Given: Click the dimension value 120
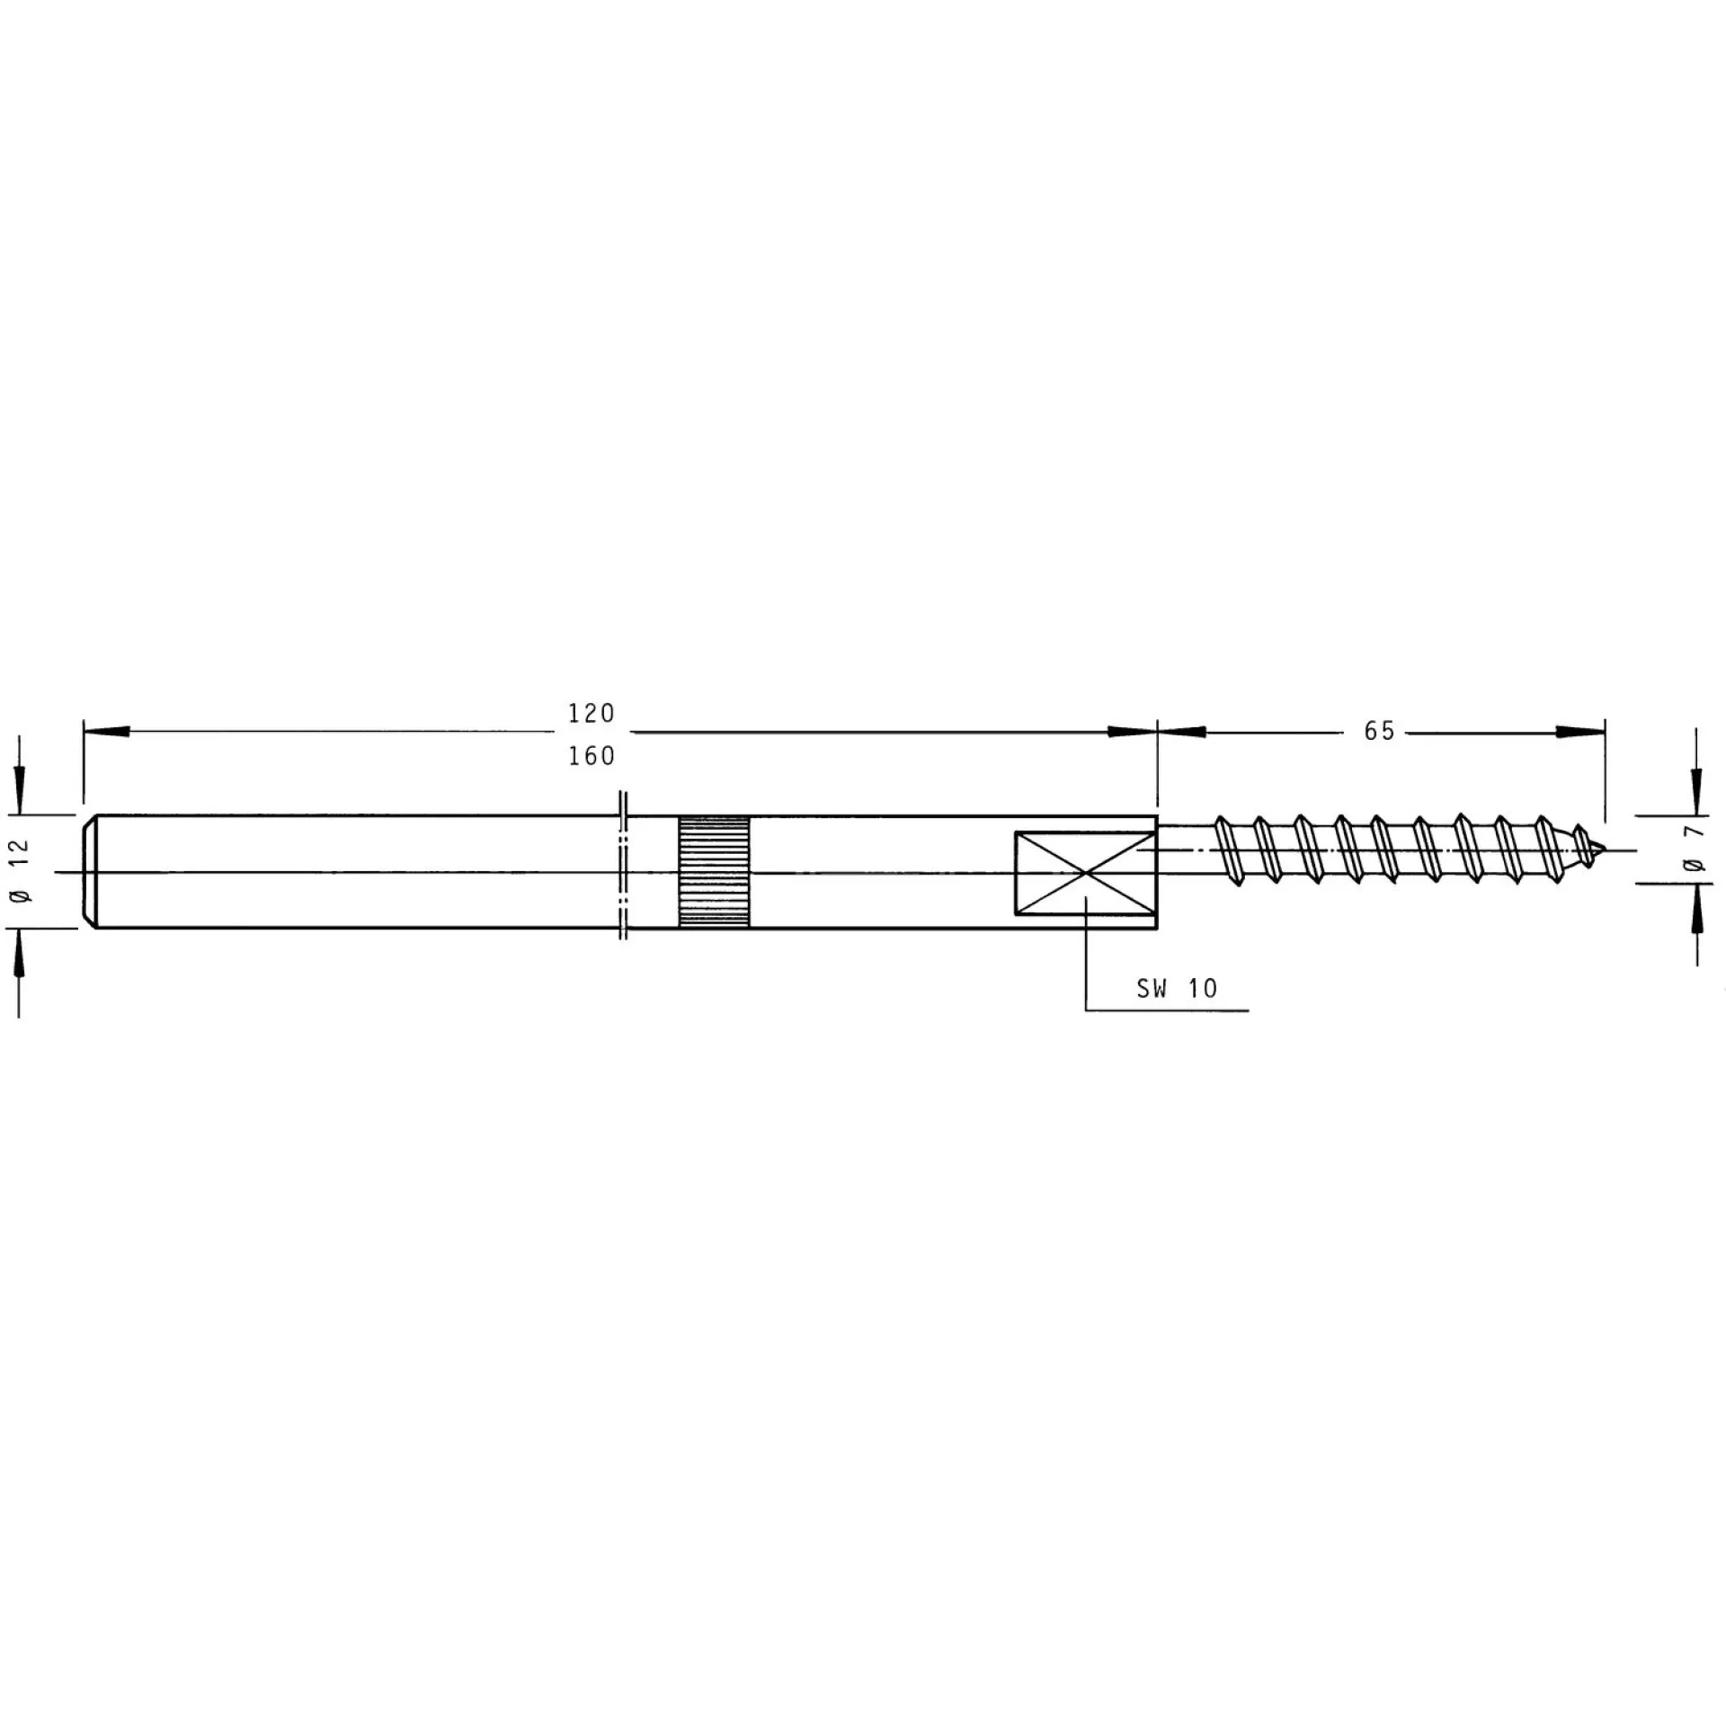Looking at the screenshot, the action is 591,713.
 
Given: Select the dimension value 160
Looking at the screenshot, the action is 591,756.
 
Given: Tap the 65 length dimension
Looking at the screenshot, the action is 1379,732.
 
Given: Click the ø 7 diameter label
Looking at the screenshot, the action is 1695,851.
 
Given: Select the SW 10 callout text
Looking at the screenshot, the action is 1177,989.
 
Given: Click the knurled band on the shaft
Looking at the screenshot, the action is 714,872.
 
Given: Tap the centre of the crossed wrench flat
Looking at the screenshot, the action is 1086,872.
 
